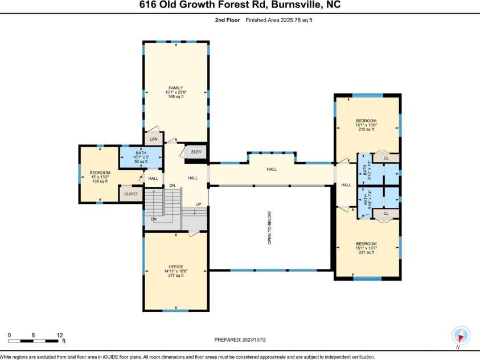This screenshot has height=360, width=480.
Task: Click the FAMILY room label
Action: click(x=175, y=88)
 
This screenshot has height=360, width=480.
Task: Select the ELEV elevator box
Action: click(x=196, y=152)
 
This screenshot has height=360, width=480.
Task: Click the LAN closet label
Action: click(x=153, y=139)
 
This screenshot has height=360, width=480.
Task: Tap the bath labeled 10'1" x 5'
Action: click(x=141, y=157)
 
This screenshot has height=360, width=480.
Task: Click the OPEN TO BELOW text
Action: click(x=270, y=228)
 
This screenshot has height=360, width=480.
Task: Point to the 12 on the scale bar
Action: click(x=59, y=335)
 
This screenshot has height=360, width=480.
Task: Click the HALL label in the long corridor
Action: click(x=272, y=169)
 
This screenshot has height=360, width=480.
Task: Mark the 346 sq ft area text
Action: click(x=175, y=97)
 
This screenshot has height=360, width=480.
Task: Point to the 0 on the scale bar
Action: click(x=9, y=335)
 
